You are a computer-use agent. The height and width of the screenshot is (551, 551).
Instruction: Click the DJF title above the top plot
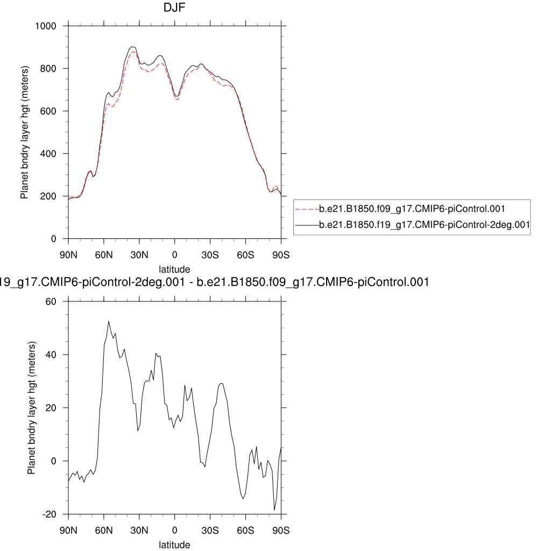pyautogui.click(x=174, y=9)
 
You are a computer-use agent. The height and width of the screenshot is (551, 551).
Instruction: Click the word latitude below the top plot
pyautogui.click(x=174, y=269)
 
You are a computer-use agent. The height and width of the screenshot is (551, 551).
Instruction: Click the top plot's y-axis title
pyautogui.click(x=24, y=132)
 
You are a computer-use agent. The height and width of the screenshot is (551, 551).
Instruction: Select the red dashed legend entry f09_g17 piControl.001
pyautogui.click(x=412, y=208)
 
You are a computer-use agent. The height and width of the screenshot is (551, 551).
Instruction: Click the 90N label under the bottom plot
pyautogui.click(x=68, y=530)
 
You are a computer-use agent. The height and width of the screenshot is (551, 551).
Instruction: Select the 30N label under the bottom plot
pyautogui.click(x=139, y=530)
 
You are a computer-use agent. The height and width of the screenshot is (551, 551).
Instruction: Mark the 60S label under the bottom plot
pyautogui.click(x=245, y=530)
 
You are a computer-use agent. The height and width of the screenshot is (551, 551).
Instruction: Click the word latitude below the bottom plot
pyautogui.click(x=174, y=545)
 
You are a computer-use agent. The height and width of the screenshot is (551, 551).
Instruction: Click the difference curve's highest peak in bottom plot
pyautogui.click(x=109, y=321)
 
